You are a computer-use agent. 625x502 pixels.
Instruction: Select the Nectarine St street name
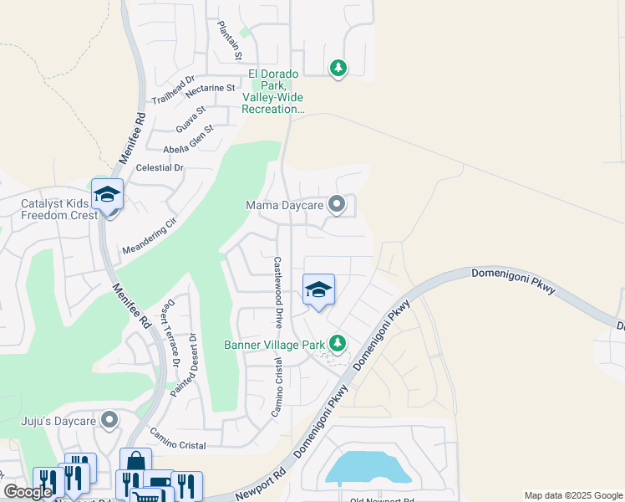[x=203, y=88]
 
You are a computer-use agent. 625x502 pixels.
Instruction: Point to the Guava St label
[x=191, y=119]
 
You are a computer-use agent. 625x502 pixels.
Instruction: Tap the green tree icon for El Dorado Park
[x=338, y=68]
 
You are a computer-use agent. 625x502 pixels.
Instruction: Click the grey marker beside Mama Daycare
[x=337, y=204]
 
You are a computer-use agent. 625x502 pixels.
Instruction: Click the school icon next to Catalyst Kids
[x=107, y=195]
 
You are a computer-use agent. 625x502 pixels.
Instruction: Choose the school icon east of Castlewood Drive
[x=318, y=290]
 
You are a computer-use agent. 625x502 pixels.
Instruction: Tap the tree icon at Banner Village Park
[x=338, y=343]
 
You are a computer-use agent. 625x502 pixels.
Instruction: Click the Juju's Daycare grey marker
[x=109, y=420]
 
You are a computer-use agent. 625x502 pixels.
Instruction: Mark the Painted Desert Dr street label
[x=192, y=361]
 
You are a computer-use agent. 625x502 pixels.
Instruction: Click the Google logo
[x=28, y=492]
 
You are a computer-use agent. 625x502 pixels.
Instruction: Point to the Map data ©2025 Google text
[x=572, y=495]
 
